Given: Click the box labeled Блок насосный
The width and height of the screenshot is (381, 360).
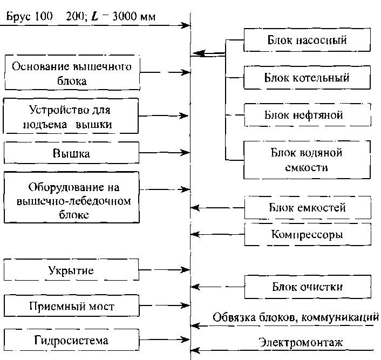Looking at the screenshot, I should pos(307,40).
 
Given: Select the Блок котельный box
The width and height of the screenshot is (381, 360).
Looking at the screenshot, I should pos(307,78).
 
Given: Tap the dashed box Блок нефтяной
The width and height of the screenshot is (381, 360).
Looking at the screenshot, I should pos(307,116).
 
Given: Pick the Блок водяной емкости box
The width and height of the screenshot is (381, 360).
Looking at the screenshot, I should pos(307,160).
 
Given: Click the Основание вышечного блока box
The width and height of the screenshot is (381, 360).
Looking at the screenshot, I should pos(72,73).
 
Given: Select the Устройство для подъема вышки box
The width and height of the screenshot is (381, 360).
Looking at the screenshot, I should pos(72,117).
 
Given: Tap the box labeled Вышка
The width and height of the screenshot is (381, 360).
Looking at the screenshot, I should pos(72,153).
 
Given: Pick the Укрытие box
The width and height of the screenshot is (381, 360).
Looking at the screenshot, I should pos(72,270).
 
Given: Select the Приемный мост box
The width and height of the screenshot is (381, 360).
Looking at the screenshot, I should pos(72,307).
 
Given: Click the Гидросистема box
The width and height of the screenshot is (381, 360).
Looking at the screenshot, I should pos(72,341).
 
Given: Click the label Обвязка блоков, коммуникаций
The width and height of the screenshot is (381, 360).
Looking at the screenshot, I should pos(294,317).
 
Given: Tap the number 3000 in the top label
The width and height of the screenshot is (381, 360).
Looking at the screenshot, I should pos(125,16).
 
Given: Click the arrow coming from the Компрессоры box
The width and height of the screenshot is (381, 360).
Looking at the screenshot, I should pos(218,235).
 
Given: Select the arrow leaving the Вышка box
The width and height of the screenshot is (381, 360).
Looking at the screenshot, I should pos(164,154).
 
